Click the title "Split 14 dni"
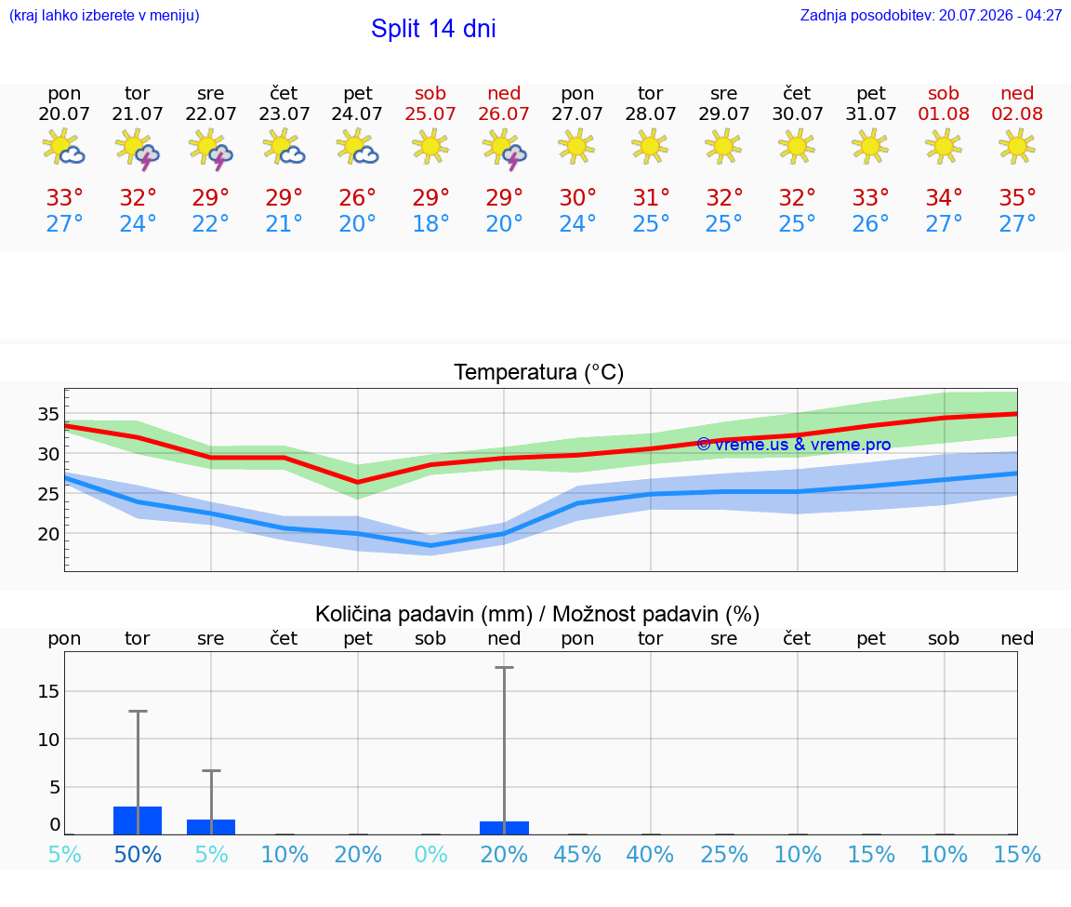pyautogui.click(x=433, y=29)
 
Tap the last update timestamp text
pyautogui.click(x=931, y=15)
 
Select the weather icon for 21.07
pyautogui.click(x=138, y=148)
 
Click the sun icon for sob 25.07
pyautogui.click(x=430, y=146)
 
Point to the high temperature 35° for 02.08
pyautogui.click(x=1017, y=197)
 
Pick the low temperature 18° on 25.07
pyautogui.click(x=430, y=223)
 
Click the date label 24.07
pyautogui.click(x=357, y=113)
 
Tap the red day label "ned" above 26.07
pyautogui.click(x=504, y=93)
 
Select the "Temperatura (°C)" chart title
pyautogui.click(x=539, y=372)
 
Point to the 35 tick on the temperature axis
pyautogui.click(x=48, y=414)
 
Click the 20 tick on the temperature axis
pyautogui.click(x=48, y=534)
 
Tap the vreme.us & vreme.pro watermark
pyautogui.click(x=794, y=445)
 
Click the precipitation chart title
pyautogui.click(x=537, y=614)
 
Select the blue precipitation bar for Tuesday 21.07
pyautogui.click(x=138, y=820)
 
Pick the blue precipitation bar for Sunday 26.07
pyautogui.click(x=504, y=828)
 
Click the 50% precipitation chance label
pyautogui.click(x=138, y=854)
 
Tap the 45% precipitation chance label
pyautogui.click(x=577, y=854)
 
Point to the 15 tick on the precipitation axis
pyautogui.click(x=48, y=691)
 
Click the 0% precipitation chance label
pyautogui.click(x=430, y=854)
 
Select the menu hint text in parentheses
pyautogui.click(x=104, y=15)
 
